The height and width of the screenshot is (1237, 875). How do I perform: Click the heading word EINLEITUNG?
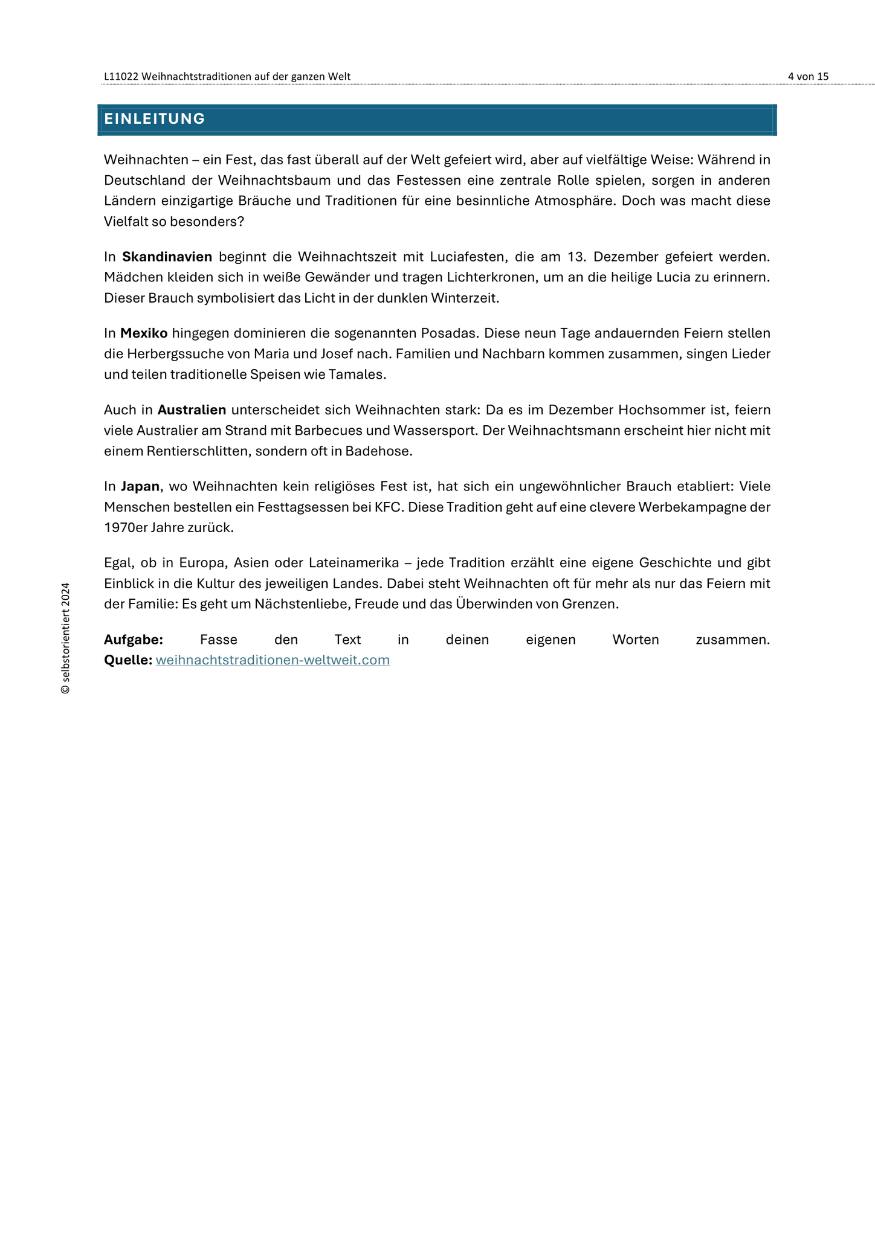154,119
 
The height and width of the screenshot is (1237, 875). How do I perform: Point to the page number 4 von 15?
808,76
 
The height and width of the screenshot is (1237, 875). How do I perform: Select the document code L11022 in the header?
121,76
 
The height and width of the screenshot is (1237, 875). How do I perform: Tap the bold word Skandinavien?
167,257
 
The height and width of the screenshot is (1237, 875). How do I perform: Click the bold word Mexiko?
144,333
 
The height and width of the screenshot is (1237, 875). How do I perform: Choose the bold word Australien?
192,410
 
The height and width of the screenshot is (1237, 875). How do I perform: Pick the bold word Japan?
140,486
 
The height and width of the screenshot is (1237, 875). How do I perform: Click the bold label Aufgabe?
134,640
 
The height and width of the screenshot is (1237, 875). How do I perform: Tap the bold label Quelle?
128,660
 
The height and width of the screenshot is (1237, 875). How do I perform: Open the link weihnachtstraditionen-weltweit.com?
273,660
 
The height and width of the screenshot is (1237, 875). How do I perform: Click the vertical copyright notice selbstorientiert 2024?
65,638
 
